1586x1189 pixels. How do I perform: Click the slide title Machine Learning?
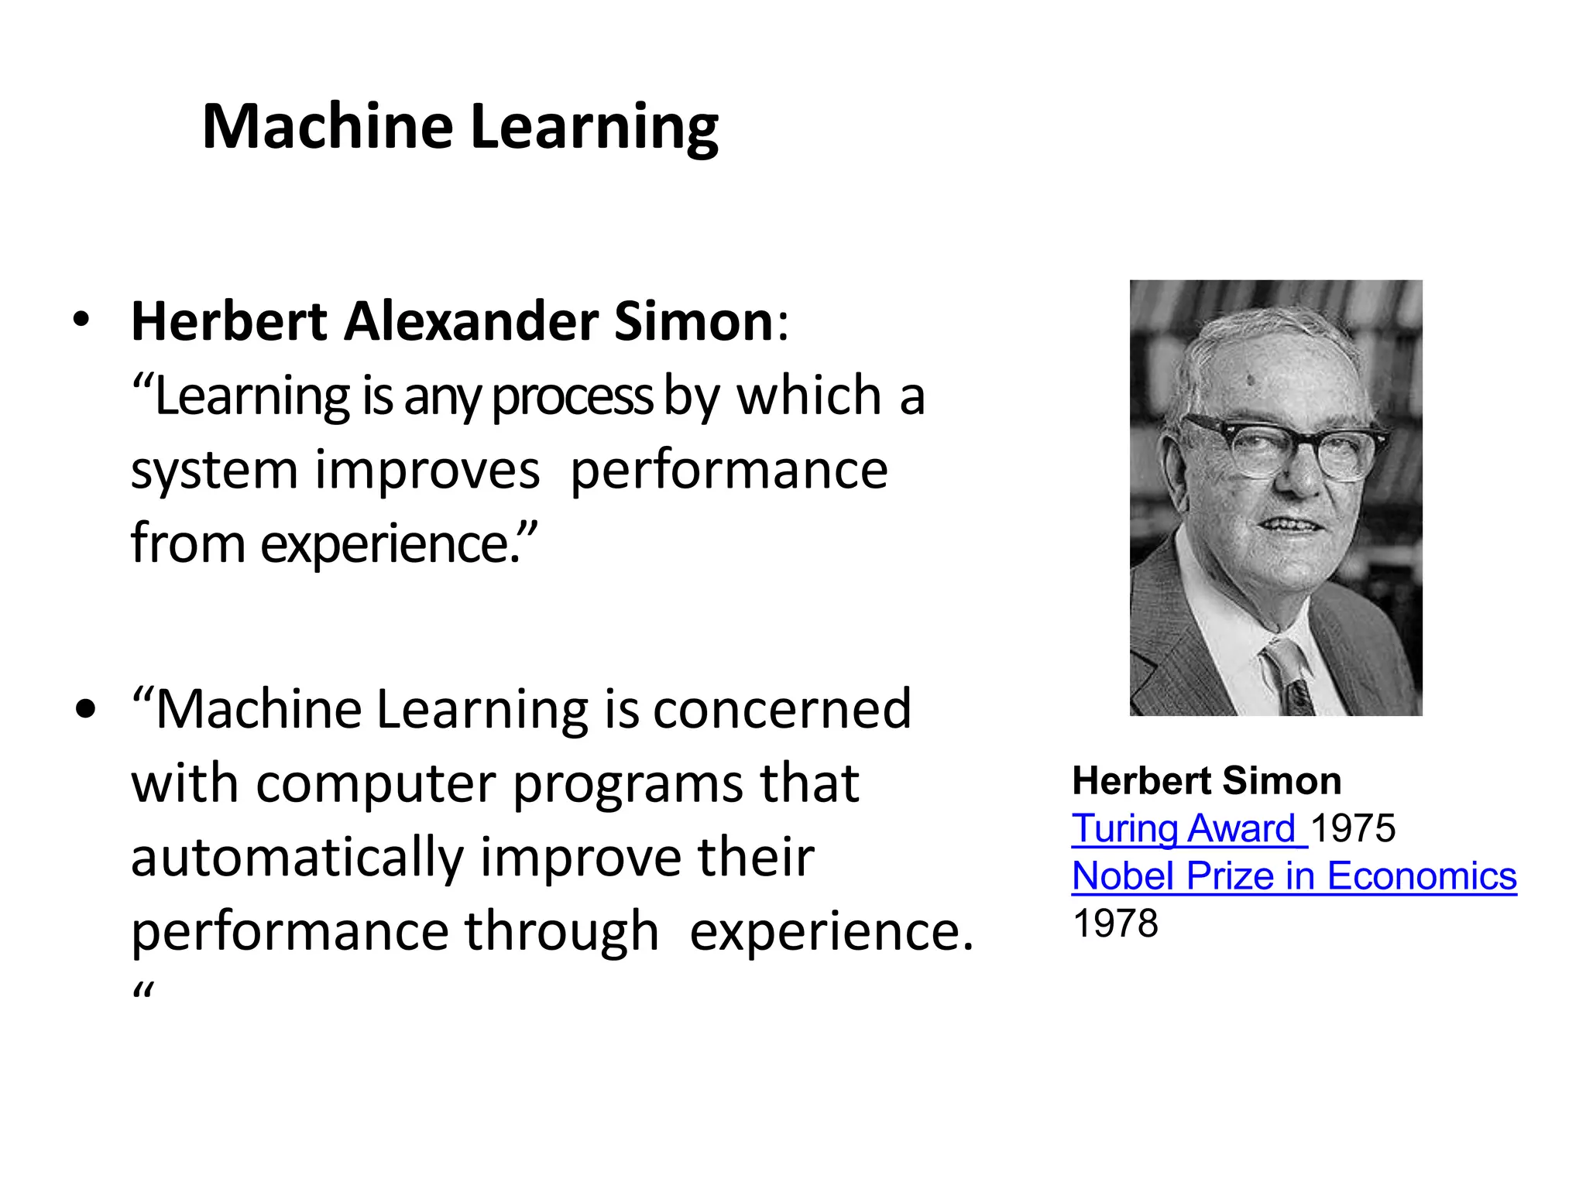click(x=460, y=126)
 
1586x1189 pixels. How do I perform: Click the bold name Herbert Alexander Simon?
click(x=452, y=320)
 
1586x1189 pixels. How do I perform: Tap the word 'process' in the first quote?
click(x=572, y=396)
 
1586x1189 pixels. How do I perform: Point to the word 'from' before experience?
click(x=188, y=543)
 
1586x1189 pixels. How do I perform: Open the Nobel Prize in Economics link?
click(x=1293, y=876)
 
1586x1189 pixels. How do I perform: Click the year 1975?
click(x=1353, y=828)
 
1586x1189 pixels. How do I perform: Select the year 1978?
click(x=1115, y=923)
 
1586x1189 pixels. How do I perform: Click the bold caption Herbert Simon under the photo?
click(x=1207, y=780)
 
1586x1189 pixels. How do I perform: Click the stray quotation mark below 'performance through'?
click(x=143, y=991)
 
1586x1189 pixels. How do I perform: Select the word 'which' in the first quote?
click(x=809, y=396)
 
